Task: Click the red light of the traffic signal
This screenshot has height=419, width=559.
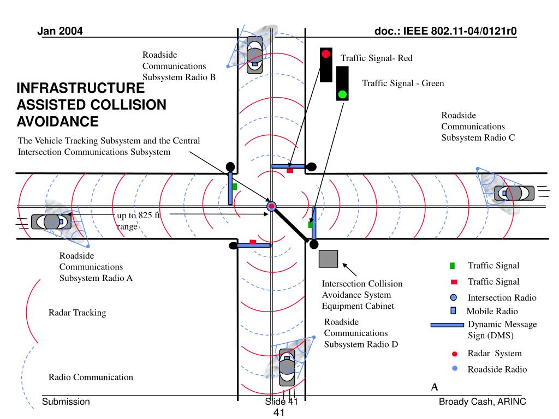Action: click(326, 54)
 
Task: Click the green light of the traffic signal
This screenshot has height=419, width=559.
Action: click(342, 94)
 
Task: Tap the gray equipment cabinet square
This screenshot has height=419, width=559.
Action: click(328, 259)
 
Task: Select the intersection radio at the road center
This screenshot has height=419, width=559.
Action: click(271, 206)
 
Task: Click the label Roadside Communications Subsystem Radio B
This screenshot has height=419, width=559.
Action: click(179, 66)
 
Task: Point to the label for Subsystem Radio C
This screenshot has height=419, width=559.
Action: click(478, 127)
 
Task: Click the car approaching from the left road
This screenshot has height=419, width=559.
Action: click(51, 222)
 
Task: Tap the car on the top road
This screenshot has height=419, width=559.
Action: click(254, 54)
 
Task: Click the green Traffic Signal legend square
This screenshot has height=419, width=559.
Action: click(453, 266)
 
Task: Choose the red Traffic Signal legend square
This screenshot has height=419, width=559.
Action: click(454, 282)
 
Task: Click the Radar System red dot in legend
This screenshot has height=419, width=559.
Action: click(454, 354)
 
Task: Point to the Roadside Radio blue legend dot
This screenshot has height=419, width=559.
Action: click(454, 369)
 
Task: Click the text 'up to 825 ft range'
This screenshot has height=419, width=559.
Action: click(139, 221)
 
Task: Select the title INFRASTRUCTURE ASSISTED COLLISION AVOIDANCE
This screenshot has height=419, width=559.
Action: click(91, 105)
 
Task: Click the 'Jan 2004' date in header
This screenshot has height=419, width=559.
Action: click(60, 31)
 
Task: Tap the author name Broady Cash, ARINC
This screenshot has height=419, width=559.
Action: click(483, 402)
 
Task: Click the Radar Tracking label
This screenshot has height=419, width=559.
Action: click(77, 313)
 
